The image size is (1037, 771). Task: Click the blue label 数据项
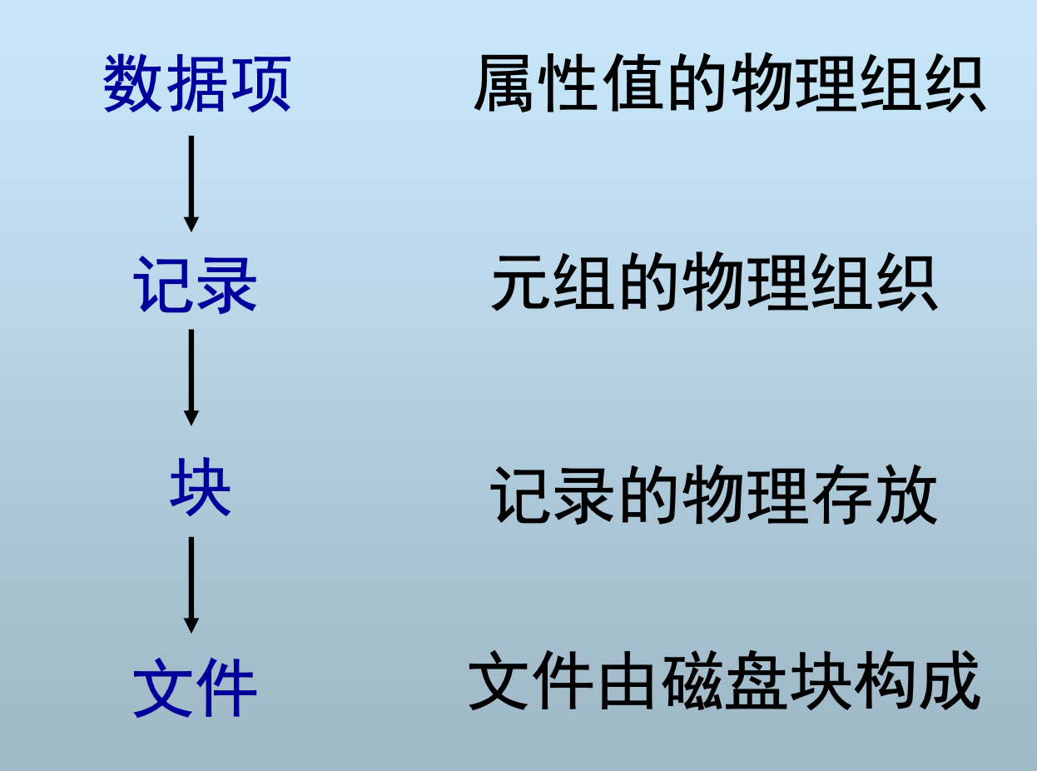tap(197, 84)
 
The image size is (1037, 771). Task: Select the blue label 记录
tap(196, 285)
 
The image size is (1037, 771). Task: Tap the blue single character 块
tap(200, 490)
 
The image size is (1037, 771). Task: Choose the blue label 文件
tap(196, 689)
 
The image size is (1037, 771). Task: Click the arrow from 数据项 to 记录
tap(191, 183)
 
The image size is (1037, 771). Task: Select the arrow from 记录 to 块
tap(191, 377)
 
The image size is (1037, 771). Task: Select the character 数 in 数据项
tap(134, 84)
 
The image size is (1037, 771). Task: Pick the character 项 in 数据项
tap(260, 84)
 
